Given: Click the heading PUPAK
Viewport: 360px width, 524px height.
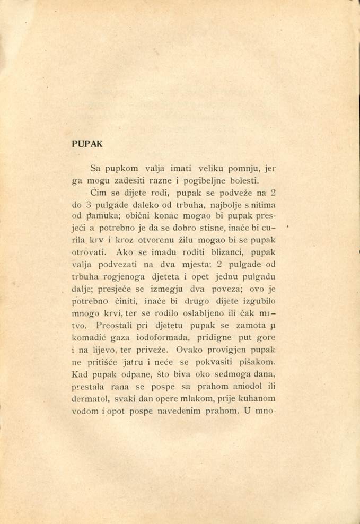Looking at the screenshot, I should (x=87, y=144).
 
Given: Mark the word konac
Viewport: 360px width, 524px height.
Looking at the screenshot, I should (x=159, y=216).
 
